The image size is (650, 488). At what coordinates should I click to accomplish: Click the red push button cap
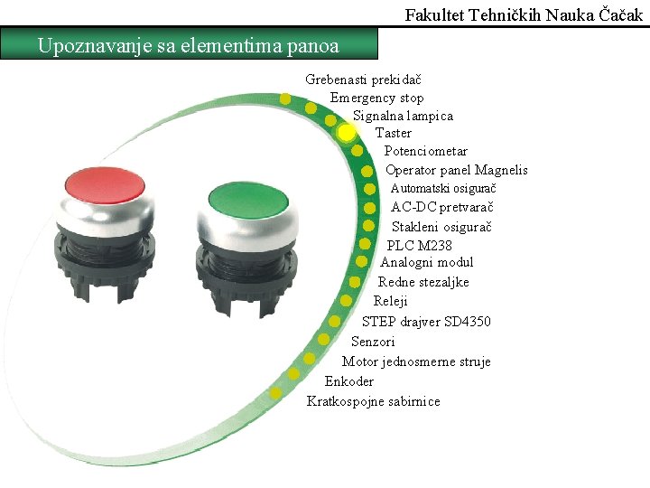click(x=104, y=183)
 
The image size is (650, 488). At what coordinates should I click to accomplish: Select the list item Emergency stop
click(x=376, y=98)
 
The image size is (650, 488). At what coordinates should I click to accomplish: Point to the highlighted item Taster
click(x=394, y=133)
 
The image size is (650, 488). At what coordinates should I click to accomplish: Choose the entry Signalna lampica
click(x=403, y=116)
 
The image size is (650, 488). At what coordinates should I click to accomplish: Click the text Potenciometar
click(x=426, y=151)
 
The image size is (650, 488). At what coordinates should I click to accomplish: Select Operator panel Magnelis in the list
click(x=456, y=170)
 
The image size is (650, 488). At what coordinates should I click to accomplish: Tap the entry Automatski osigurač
click(x=443, y=188)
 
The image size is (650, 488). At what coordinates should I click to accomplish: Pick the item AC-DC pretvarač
click(x=441, y=207)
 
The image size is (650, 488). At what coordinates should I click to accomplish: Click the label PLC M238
click(x=420, y=245)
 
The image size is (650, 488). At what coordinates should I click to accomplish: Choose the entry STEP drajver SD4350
click(x=426, y=322)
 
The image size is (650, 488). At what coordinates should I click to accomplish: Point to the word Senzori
click(x=373, y=342)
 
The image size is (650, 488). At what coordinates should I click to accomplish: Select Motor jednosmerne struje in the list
click(x=416, y=361)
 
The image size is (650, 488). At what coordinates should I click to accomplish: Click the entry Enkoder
click(x=348, y=381)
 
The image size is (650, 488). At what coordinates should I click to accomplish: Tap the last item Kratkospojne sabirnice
click(x=374, y=401)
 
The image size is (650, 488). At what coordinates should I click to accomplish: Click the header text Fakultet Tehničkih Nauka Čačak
click(x=525, y=14)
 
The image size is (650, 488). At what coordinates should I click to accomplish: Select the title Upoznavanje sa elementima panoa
click(x=189, y=45)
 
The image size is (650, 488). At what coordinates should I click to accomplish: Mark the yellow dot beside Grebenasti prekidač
click(x=285, y=99)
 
